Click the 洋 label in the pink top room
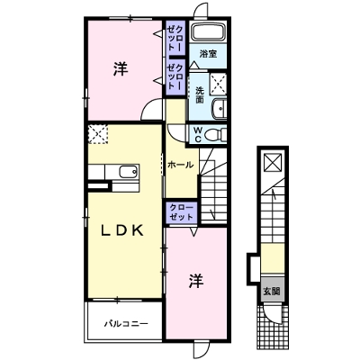(120, 69)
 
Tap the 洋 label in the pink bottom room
(194, 281)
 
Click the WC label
(196, 135)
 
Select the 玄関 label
(271, 291)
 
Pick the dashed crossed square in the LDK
(97, 134)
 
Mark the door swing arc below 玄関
(269, 315)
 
